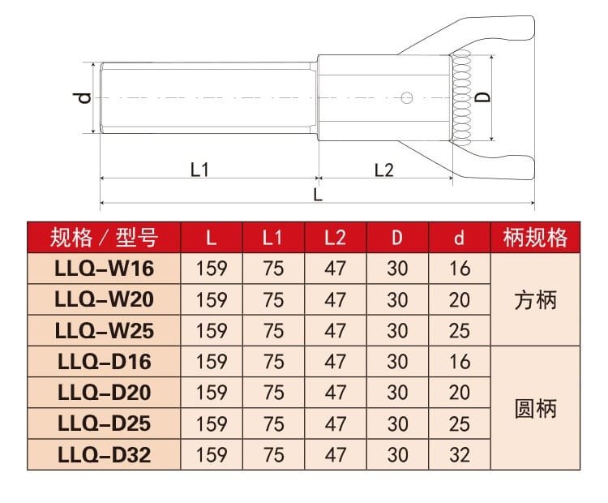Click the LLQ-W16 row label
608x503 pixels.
click(x=104, y=269)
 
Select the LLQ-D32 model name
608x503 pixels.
click(x=104, y=454)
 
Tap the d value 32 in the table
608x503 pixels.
click(x=460, y=454)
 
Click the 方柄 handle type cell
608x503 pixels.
click(x=536, y=299)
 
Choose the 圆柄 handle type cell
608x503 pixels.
click(x=536, y=407)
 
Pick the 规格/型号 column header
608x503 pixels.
click(x=104, y=237)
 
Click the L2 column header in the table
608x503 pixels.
click(x=335, y=237)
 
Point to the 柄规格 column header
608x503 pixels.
click(x=536, y=237)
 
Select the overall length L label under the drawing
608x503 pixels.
click(x=318, y=195)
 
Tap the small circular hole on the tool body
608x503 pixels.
click(x=408, y=98)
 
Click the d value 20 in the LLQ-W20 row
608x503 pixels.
click(x=460, y=299)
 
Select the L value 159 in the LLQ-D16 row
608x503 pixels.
click(x=212, y=361)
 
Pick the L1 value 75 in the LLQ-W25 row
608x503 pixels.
click(x=274, y=330)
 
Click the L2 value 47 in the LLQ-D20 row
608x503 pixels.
click(x=335, y=392)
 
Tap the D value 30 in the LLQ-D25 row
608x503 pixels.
click(x=397, y=423)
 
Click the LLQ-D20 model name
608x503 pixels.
click(x=104, y=392)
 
